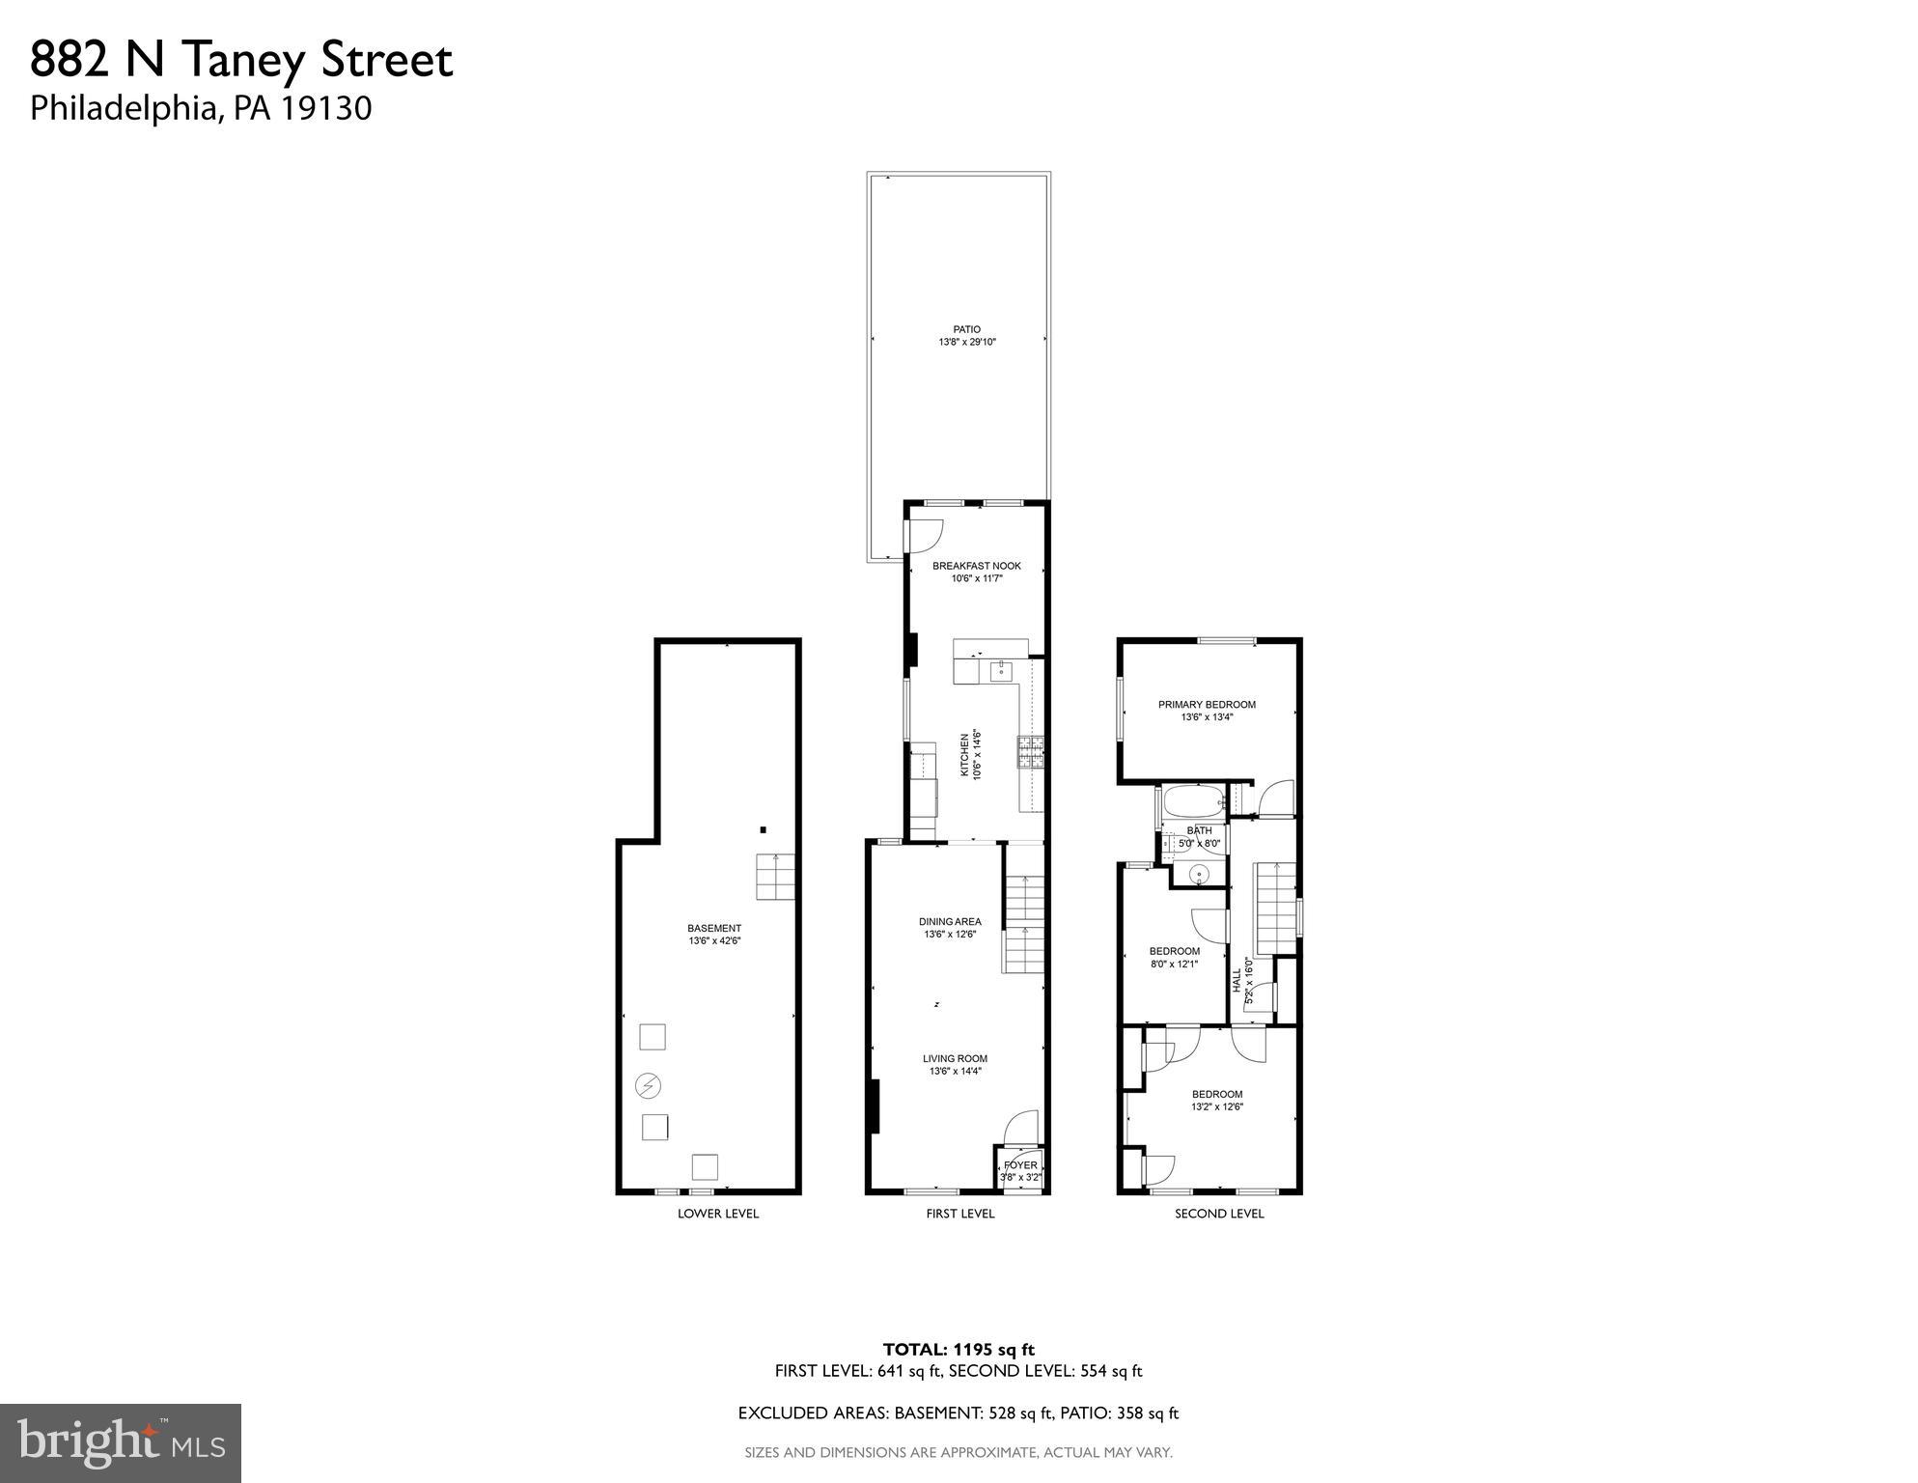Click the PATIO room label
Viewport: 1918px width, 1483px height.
point(966,329)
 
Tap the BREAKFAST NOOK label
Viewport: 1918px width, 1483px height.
point(976,566)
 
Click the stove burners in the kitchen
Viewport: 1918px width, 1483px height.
point(1030,752)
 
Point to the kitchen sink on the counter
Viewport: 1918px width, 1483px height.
point(999,669)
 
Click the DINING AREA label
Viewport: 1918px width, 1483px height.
point(950,921)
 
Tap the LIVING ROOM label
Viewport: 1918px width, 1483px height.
point(955,1058)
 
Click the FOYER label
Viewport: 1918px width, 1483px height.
point(1020,1165)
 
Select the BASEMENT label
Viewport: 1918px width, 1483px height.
point(714,928)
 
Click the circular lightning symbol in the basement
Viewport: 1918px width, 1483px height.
point(648,1086)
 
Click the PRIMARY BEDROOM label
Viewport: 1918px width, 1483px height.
point(1207,705)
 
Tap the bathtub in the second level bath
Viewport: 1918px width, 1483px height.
point(1191,801)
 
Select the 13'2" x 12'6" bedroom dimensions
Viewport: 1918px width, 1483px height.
point(1216,1106)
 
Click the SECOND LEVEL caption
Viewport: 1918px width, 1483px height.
point(1218,1214)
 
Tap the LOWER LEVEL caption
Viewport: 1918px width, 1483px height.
point(717,1214)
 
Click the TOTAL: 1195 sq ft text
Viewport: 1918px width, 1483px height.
point(959,1349)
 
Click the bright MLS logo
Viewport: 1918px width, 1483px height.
point(121,1442)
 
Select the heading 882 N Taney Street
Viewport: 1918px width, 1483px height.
point(241,60)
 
